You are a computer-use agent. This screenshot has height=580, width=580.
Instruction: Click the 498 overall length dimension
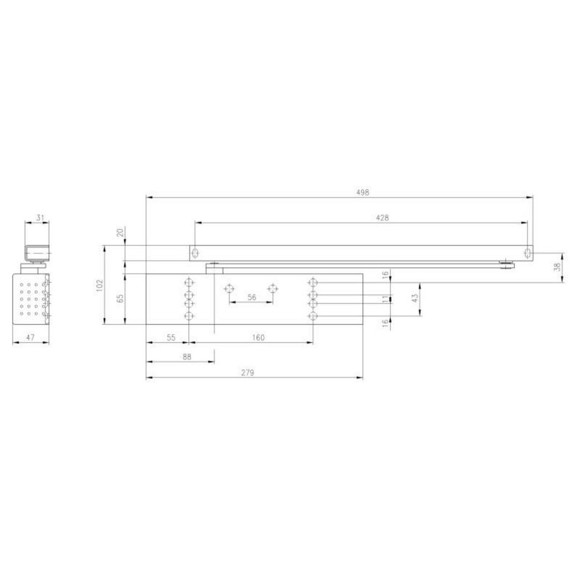point(363,192)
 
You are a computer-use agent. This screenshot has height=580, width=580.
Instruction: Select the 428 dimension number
point(382,217)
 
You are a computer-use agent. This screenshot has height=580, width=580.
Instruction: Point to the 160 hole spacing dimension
point(258,338)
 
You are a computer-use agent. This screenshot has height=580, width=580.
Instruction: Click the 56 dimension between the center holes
point(251,297)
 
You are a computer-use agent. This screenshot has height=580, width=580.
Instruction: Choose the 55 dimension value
point(171,338)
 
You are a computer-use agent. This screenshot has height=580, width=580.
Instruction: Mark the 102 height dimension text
point(100,285)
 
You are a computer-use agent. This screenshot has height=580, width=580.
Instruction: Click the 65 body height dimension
point(120,298)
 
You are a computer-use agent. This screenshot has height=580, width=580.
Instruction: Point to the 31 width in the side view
point(40,218)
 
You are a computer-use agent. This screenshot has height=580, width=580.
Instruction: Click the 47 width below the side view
point(29,338)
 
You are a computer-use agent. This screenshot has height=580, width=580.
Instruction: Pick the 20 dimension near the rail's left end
point(120,232)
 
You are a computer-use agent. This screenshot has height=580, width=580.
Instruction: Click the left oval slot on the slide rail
point(195,253)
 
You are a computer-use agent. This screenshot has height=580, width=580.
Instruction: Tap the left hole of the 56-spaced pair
point(229,289)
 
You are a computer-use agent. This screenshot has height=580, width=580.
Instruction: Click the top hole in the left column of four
point(189,282)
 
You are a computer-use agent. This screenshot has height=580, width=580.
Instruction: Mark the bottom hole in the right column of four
point(313,316)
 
